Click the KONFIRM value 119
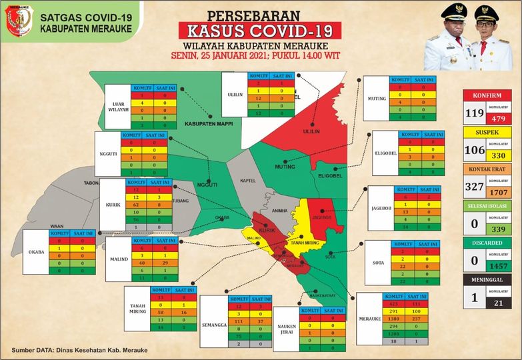(474, 113)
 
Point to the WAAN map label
(58, 227)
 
